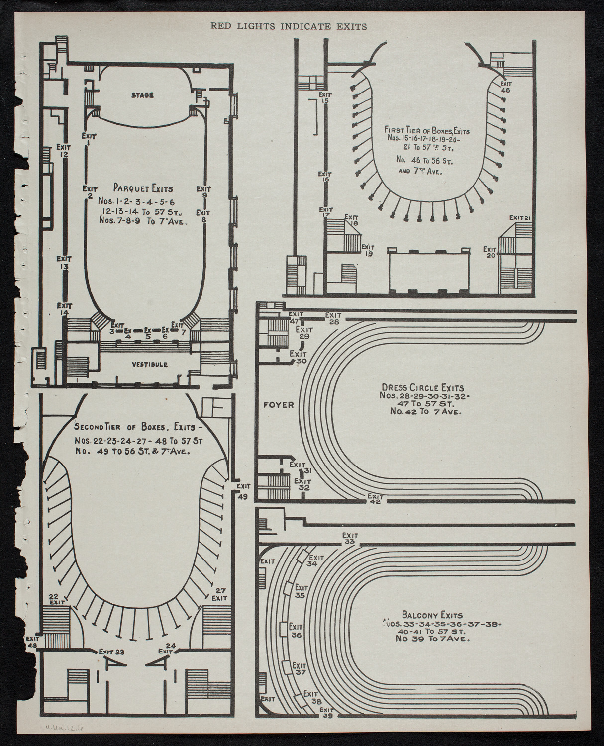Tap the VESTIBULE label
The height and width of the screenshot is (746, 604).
point(149,364)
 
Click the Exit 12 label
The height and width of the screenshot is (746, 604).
point(64,151)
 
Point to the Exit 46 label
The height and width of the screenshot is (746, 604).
point(505,87)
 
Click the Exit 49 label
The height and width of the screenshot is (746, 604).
point(243,491)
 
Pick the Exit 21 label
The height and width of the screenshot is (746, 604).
point(521,218)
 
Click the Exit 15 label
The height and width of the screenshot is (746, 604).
point(325,97)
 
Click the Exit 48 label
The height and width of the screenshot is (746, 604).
point(33,642)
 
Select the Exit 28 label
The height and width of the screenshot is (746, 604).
point(333,318)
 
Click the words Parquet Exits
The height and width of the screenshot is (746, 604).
point(143,188)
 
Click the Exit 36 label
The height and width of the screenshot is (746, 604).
point(296,631)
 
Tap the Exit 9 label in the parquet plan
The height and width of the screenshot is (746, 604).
point(203,192)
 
